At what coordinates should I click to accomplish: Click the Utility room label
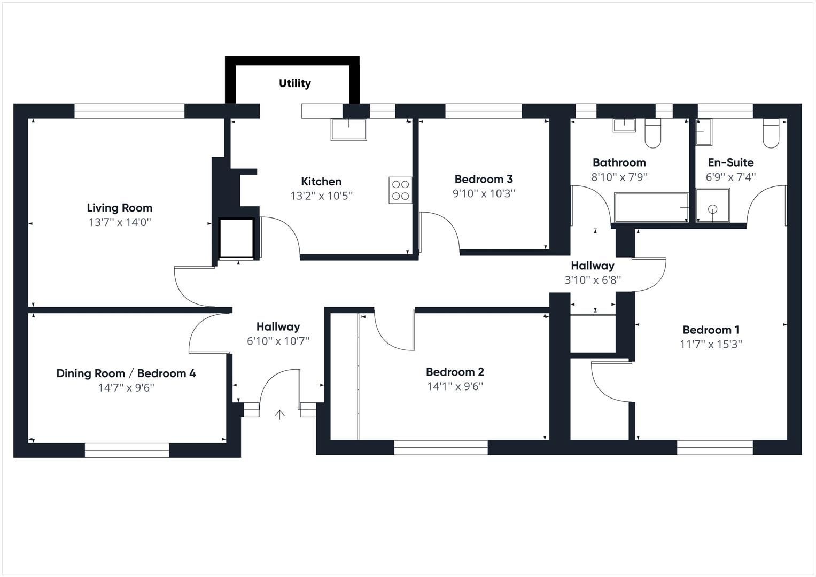[x=294, y=83]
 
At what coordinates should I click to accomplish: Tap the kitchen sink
[x=349, y=129]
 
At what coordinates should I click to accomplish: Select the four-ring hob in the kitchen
[x=400, y=190]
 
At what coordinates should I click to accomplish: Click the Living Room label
[x=120, y=208]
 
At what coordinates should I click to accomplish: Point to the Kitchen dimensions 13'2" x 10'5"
[x=321, y=196]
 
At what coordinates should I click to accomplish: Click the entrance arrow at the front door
[x=279, y=415]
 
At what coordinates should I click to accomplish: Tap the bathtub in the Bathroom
[x=651, y=208]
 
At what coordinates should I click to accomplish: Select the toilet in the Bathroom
[x=653, y=134]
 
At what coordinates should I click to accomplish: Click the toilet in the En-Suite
[x=771, y=134]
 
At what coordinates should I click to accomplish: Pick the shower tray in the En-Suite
[x=713, y=205]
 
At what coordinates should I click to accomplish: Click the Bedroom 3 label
[x=484, y=179]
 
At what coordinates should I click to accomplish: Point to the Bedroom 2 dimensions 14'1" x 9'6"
[x=455, y=386]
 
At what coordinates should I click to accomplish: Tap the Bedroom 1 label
[x=711, y=330]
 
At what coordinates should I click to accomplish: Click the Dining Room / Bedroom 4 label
[x=126, y=373]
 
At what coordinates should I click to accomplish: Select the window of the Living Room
[x=129, y=111]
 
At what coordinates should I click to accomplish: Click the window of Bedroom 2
[x=441, y=447]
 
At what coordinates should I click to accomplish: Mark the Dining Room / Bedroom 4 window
[x=127, y=450]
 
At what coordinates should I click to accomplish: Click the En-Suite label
[x=730, y=162]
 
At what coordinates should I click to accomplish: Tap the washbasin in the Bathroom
[x=624, y=126]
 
